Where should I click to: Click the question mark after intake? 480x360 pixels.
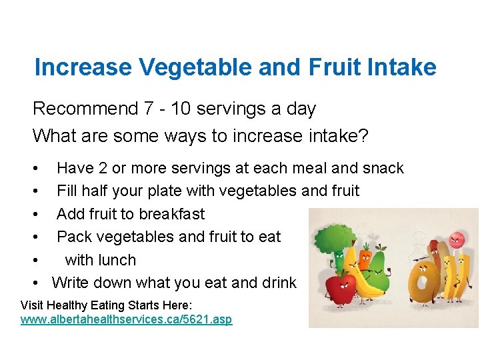point(363,136)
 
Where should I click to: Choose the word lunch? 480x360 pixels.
point(118,260)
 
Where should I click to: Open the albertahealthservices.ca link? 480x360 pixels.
point(127,319)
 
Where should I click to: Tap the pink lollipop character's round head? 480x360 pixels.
point(456,239)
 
